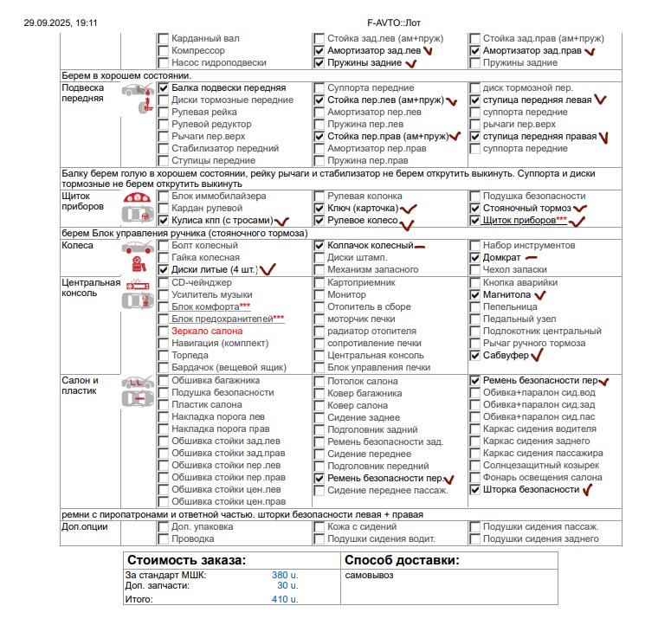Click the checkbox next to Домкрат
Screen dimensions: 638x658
tap(475, 258)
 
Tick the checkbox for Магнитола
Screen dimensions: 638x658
tap(475, 295)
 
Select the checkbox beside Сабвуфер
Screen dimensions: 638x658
tap(475, 355)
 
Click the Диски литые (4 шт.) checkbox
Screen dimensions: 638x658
tap(164, 270)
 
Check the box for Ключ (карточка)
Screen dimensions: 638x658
tap(319, 209)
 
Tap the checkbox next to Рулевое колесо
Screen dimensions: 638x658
tap(319, 221)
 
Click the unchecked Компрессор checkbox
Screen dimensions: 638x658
tap(164, 51)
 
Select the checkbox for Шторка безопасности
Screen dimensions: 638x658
tap(475, 490)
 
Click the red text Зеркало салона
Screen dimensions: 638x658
tap(206, 331)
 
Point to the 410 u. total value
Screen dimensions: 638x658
tap(285, 599)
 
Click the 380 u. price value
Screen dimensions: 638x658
tap(285, 575)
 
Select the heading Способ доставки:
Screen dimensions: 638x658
tap(402, 559)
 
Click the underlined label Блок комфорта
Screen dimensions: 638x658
tap(205, 307)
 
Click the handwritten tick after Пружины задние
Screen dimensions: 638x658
tap(411, 63)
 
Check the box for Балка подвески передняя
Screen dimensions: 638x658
tap(164, 88)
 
